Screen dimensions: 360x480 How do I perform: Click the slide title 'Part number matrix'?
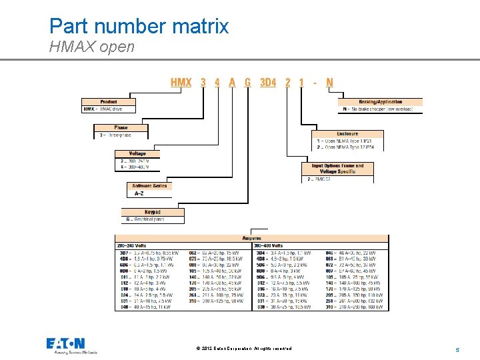[139, 26]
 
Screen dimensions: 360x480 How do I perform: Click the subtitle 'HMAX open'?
[92, 47]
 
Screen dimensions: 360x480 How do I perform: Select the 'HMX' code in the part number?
[181, 83]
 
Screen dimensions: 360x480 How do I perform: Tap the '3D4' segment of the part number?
[267, 83]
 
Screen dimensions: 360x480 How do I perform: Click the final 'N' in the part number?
[329, 83]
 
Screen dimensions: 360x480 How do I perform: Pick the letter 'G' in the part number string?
[248, 83]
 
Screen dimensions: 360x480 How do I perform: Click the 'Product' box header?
[109, 102]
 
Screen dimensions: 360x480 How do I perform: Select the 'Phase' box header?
[121, 127]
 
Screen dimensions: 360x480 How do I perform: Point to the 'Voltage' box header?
[137, 153]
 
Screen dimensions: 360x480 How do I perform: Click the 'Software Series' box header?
[149, 186]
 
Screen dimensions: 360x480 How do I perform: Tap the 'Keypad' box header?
[153, 212]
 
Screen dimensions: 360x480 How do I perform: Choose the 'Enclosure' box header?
[347, 134]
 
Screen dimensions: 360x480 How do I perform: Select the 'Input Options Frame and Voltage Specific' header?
[337, 169]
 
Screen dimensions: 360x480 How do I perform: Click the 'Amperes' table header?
[252, 238]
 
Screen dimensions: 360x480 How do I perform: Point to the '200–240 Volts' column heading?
[132, 245]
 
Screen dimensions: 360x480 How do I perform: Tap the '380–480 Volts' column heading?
[269, 245]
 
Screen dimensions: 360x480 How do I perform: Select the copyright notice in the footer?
[245, 349]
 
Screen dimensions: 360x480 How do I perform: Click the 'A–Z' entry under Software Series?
[139, 193]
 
